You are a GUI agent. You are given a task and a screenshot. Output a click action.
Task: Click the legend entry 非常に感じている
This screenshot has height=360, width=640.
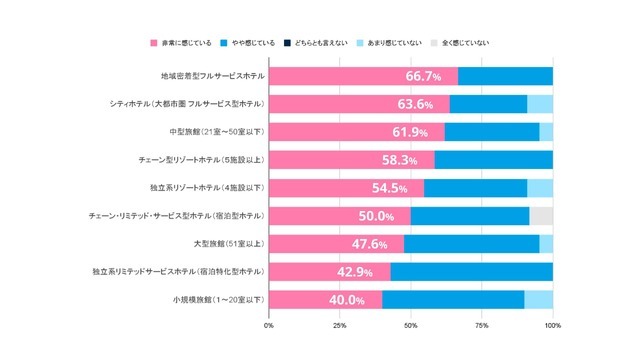[182, 43]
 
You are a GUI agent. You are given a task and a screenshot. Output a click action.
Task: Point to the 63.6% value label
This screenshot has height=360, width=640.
[414, 105]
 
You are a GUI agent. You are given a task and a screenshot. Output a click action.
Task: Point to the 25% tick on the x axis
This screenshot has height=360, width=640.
[339, 326]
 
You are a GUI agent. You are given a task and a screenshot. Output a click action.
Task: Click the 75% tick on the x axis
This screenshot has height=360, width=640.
[481, 326]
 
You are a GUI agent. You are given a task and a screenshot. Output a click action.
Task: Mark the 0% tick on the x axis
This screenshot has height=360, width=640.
[269, 326]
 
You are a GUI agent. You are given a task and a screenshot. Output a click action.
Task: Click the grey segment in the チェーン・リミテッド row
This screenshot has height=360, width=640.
[541, 215]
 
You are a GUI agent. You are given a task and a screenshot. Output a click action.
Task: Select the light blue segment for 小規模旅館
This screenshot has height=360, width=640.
[538, 299]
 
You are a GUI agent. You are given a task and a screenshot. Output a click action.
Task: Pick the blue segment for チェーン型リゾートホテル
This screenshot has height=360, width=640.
[493, 160]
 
